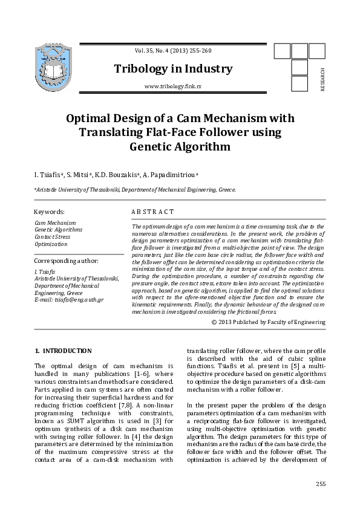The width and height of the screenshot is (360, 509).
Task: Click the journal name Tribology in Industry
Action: (x=173, y=69)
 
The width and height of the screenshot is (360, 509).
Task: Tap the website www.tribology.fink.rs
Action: (x=173, y=87)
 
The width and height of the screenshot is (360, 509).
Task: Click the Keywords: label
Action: (x=50, y=212)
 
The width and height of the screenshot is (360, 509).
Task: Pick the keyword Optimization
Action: (x=51, y=244)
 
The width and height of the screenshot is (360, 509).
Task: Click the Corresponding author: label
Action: (x=67, y=261)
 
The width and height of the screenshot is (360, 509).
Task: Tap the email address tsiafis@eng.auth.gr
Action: (x=69, y=300)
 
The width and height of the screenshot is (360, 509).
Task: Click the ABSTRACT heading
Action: (x=152, y=212)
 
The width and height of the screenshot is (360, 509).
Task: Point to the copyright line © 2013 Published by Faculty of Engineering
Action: (x=269, y=322)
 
